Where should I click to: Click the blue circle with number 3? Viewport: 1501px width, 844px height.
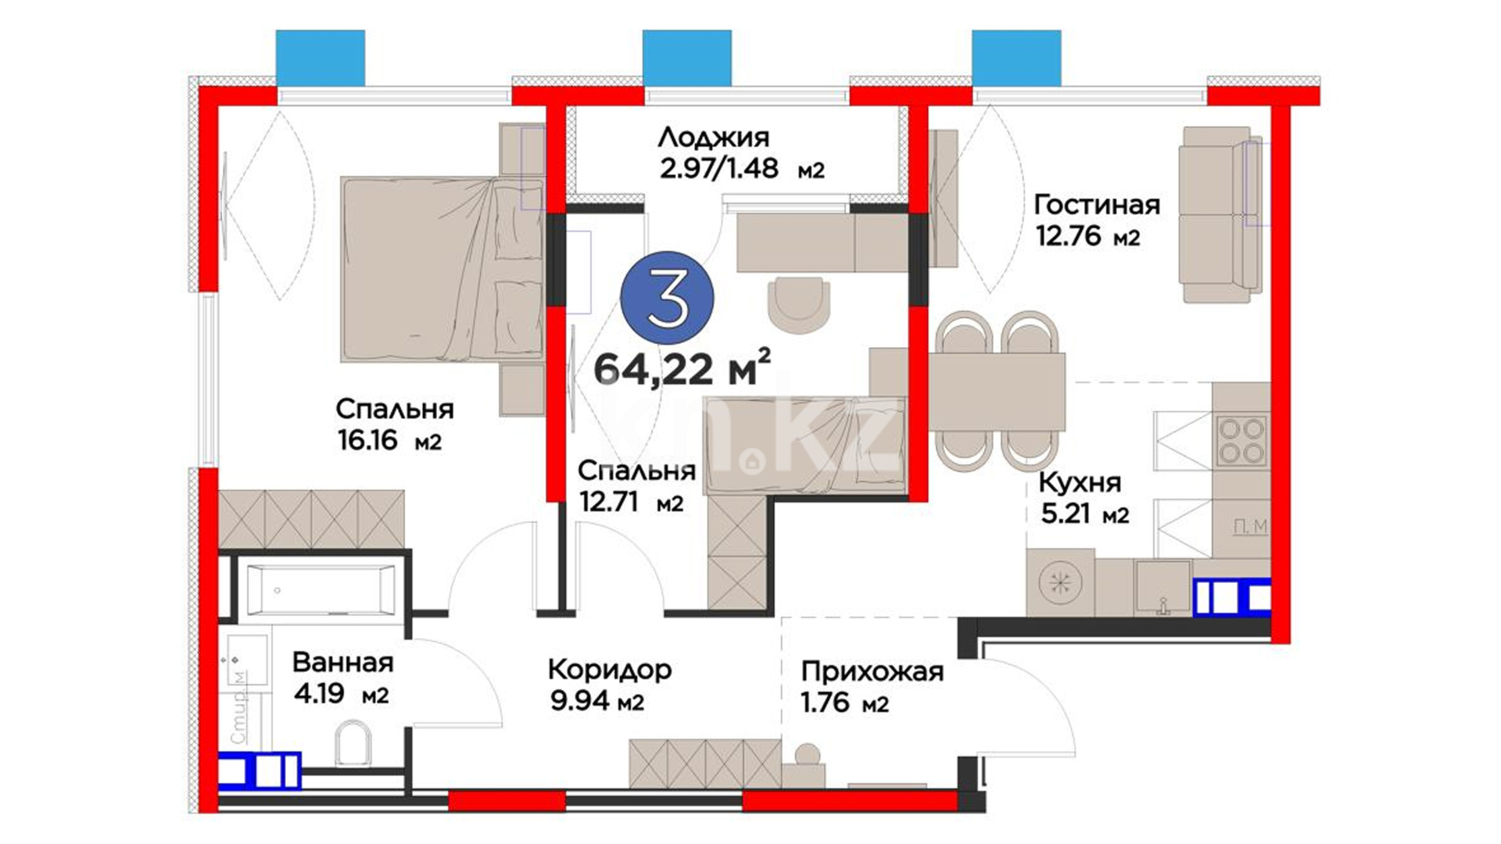(x=667, y=297)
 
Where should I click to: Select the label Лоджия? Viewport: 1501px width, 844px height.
(x=714, y=138)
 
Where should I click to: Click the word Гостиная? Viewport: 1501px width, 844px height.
(x=1097, y=205)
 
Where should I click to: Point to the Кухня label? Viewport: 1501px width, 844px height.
(x=1080, y=483)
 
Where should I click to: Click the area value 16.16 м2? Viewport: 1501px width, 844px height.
(x=389, y=441)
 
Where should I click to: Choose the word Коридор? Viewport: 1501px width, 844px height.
(x=610, y=671)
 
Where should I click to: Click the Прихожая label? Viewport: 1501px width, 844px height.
(x=872, y=671)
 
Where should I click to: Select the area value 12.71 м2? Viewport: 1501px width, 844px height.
(x=631, y=502)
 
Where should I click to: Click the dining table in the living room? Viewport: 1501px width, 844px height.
(x=997, y=392)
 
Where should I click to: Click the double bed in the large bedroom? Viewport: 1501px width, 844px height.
(x=442, y=269)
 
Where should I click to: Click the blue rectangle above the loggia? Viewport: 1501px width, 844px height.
(x=687, y=58)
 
